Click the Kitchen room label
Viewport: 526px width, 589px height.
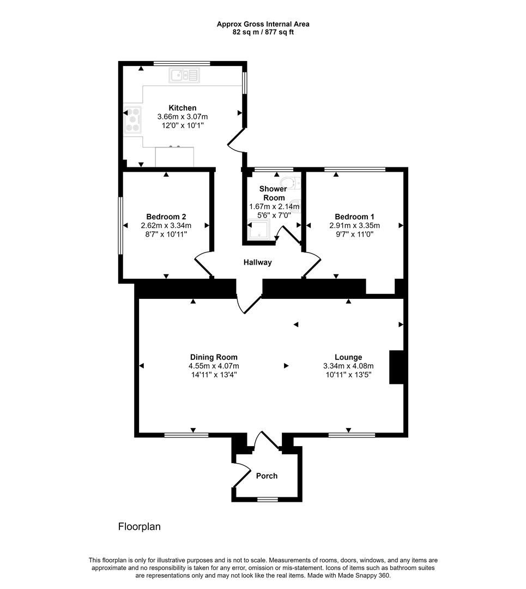(x=182, y=108)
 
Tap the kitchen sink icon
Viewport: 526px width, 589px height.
(x=184, y=75)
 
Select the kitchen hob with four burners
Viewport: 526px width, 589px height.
(x=133, y=119)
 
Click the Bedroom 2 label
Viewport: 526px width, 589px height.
(x=166, y=216)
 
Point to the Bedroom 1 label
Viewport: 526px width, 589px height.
(x=354, y=216)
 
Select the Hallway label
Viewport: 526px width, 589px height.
(x=257, y=262)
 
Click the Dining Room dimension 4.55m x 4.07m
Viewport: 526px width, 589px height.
(x=214, y=366)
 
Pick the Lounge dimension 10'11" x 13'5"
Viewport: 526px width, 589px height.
(x=348, y=375)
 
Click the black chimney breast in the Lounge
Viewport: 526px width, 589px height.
(x=396, y=368)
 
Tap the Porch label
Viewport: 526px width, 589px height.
(x=267, y=476)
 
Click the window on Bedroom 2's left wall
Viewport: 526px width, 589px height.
(x=120, y=225)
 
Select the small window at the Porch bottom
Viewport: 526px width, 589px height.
(x=267, y=499)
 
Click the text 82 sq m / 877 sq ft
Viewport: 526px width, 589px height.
(x=263, y=32)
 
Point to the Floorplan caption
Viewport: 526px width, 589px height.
(x=139, y=527)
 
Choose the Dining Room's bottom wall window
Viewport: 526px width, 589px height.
(x=186, y=435)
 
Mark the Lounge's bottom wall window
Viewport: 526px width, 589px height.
(x=352, y=435)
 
